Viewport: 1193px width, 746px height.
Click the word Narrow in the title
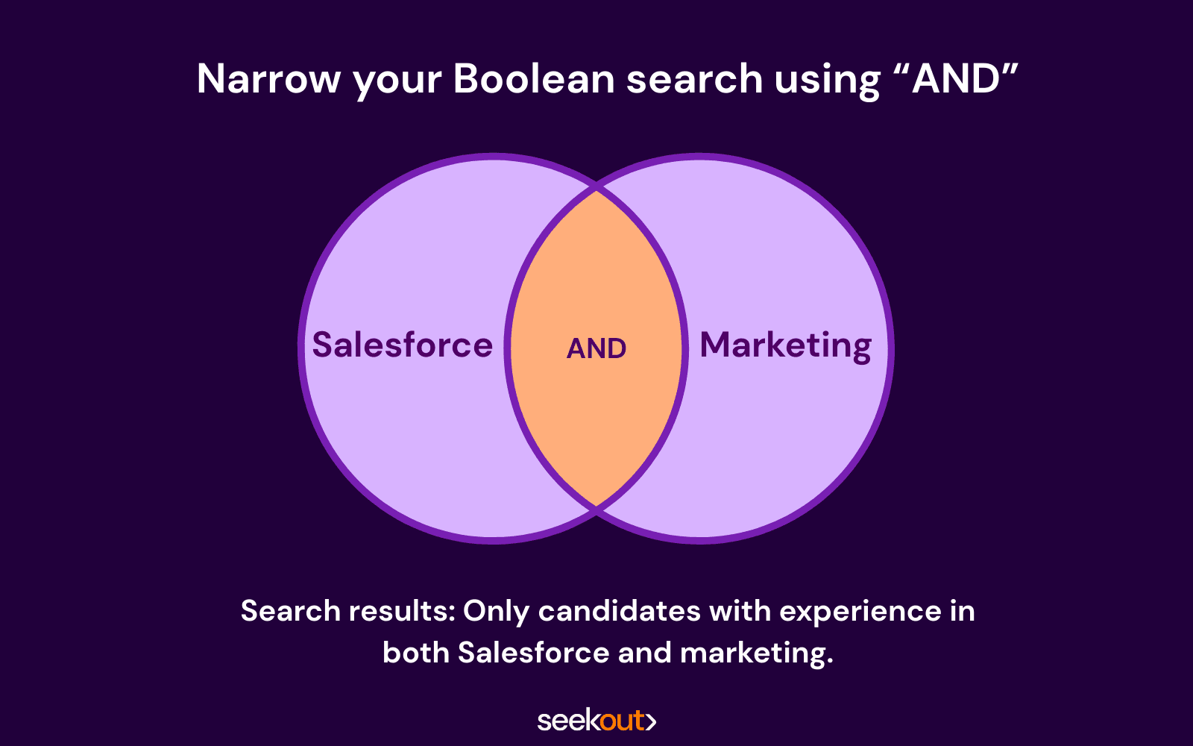(268, 79)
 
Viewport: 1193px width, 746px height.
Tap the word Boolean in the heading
(534, 79)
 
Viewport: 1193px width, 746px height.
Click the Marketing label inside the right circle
(786, 346)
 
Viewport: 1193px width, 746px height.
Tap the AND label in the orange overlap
(596, 348)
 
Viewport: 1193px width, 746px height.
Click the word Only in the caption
(496, 612)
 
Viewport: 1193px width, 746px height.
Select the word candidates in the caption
(619, 611)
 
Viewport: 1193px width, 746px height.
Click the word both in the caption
(416, 652)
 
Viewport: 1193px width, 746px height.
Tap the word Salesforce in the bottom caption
(534, 652)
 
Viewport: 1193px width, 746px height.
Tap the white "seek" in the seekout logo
(569, 721)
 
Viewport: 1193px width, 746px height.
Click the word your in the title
(397, 83)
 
